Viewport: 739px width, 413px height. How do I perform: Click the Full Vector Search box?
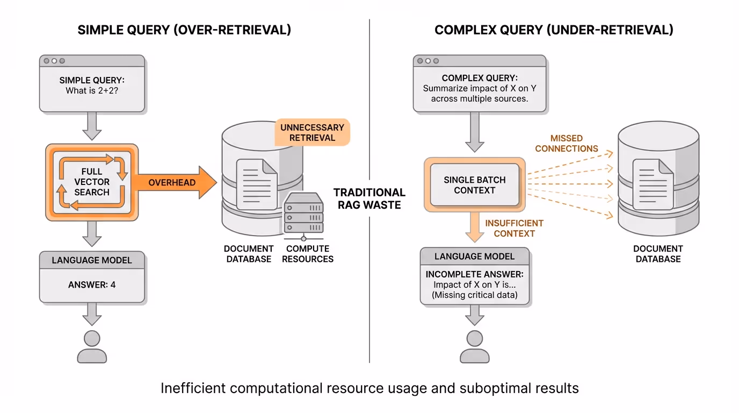click(x=92, y=182)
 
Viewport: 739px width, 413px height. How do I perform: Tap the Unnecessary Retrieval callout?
click(x=312, y=132)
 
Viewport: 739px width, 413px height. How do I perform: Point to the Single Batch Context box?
click(x=474, y=185)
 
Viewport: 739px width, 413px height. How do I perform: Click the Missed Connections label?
click(x=566, y=144)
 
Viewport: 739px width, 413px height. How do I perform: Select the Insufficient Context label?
click(x=514, y=229)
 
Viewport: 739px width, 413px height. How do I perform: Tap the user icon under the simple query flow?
click(x=92, y=346)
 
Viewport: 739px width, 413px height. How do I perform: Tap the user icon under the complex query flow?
click(x=474, y=346)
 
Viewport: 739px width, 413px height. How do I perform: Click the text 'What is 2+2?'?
click(x=92, y=91)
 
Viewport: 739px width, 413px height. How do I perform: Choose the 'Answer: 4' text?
click(x=92, y=284)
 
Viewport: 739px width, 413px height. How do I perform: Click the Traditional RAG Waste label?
click(x=369, y=198)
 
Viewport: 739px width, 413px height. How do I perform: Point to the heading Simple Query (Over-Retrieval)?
click(x=184, y=30)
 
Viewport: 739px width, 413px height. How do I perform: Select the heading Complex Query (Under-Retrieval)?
click(x=554, y=30)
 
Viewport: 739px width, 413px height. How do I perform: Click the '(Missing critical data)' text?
click(x=474, y=295)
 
